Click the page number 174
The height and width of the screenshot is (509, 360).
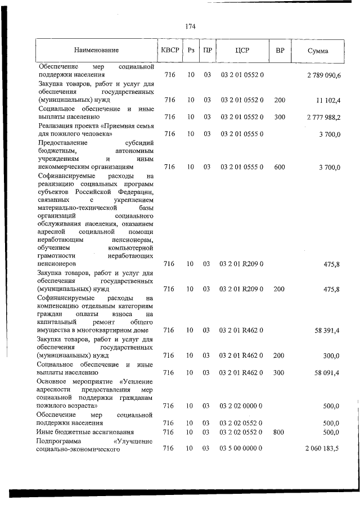pos(190,26)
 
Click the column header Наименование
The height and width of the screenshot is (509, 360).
pos(96,51)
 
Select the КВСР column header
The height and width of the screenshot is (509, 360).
pos(169,50)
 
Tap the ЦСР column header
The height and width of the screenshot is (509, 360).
pos(242,50)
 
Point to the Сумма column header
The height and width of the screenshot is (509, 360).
pos(318,51)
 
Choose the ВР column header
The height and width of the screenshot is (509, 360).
pos(280,50)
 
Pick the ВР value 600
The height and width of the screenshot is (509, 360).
pos(280,167)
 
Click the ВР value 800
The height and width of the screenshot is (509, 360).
pos(280,432)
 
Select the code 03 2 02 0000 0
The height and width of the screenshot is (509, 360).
pos(242,406)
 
